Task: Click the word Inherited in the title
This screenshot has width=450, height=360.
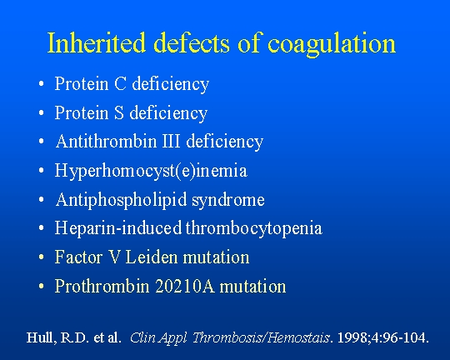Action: [x=97, y=42]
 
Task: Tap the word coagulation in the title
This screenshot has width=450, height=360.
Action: [x=332, y=45]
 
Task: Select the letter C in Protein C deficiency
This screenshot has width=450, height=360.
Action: [x=120, y=84]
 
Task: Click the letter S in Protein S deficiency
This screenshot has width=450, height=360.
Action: [x=119, y=112]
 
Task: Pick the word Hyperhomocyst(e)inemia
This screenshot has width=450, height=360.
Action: [x=151, y=171]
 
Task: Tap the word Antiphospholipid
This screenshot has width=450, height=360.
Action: [x=122, y=200]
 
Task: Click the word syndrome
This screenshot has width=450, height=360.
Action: [x=228, y=201]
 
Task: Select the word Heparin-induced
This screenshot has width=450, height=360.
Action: [x=118, y=228]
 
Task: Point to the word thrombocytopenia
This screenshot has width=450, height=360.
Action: [x=254, y=229]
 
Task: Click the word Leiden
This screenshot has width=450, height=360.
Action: [x=152, y=257]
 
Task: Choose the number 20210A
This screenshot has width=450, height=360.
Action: [x=185, y=286]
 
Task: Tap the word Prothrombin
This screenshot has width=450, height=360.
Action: [x=102, y=286]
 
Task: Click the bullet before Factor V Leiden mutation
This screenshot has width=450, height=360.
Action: [x=42, y=257]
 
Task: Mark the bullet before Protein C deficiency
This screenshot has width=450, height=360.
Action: [x=42, y=84]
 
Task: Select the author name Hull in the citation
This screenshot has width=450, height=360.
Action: [x=40, y=337]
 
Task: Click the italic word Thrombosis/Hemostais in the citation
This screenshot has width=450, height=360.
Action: [x=261, y=337]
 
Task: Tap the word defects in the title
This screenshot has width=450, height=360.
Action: [x=192, y=42]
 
